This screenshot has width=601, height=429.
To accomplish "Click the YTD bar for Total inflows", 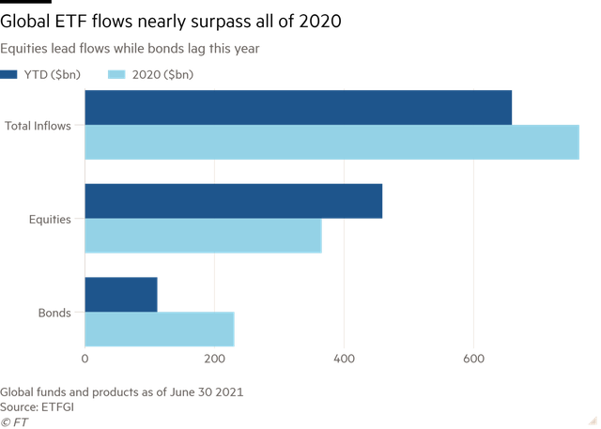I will [x=299, y=107].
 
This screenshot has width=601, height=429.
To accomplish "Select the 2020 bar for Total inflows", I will [x=332, y=142].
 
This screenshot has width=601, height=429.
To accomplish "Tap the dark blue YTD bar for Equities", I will [x=234, y=201].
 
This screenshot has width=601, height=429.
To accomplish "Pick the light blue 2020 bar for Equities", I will [x=204, y=236].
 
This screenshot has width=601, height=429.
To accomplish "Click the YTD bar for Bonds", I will [x=121, y=294].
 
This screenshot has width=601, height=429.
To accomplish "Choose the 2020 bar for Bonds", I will [x=160, y=329].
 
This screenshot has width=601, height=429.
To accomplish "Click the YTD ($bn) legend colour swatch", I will [x=8, y=74].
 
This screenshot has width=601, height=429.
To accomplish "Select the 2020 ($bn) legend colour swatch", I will [x=116, y=74].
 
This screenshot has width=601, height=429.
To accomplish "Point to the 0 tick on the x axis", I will [x=85, y=359].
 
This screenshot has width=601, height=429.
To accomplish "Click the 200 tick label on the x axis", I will [x=215, y=359].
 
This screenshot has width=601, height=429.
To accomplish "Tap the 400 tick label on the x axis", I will [x=345, y=359].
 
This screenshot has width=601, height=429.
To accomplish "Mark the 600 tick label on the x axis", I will [x=474, y=359].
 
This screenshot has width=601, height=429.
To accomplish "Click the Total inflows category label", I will [x=38, y=125].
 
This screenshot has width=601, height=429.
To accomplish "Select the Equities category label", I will [x=49, y=219].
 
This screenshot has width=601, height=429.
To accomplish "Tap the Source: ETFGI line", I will [x=38, y=406].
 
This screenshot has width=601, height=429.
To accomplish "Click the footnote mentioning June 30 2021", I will [x=122, y=391].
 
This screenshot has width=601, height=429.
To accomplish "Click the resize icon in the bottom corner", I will [x=592, y=420].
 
